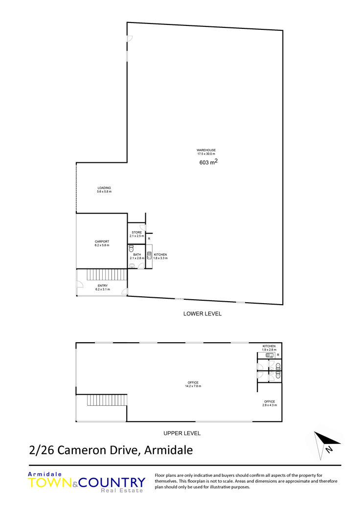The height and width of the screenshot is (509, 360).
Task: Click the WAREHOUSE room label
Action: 206,150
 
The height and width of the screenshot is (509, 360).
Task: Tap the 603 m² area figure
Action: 208,162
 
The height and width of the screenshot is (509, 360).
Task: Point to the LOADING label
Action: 104,188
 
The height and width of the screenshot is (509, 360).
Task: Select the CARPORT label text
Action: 102,242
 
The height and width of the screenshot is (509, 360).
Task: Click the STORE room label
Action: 136,232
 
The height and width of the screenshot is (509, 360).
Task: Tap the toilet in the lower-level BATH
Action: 131,249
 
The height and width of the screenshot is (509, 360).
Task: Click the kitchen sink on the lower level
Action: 149,255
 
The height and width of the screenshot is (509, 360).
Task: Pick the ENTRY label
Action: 103,286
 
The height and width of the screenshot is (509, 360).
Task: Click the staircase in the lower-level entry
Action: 107,275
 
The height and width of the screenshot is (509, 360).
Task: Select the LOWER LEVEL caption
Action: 202,313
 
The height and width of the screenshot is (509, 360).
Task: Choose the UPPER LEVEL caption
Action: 182,433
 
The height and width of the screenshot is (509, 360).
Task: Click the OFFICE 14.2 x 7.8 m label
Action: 193,384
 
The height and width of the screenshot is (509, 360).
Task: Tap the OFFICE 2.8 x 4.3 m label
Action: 270,403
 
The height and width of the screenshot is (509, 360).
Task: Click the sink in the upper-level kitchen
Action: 270,355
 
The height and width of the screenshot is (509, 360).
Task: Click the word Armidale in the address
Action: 168,450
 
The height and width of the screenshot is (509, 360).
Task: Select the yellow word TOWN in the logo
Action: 50,483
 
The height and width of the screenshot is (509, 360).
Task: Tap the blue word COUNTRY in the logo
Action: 112,483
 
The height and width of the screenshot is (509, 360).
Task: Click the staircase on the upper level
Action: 107,400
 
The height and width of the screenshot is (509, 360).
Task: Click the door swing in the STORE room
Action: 142,227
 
